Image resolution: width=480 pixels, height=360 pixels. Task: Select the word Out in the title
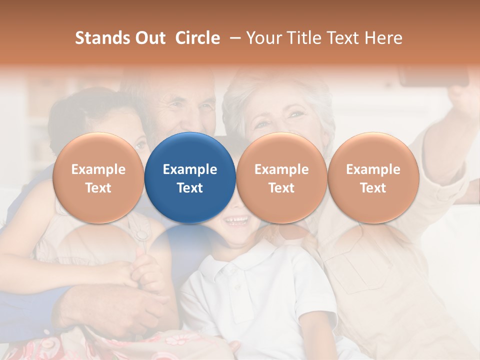[148, 38]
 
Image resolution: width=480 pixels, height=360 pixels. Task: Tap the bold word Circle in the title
[197, 38]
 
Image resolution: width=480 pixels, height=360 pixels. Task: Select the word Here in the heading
[382, 38]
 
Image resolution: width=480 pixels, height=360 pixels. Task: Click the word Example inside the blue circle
[190, 169]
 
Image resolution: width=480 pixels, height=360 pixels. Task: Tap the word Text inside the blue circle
[190, 188]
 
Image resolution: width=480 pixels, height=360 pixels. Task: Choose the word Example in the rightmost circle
[373, 169]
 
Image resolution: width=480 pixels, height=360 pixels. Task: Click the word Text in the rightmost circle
[373, 188]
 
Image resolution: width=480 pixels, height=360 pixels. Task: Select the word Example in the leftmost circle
[98, 169]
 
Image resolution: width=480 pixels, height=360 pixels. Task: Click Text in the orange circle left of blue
[98, 188]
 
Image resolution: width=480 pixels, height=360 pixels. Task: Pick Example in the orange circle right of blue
[281, 169]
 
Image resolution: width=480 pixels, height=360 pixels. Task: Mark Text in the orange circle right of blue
[281, 188]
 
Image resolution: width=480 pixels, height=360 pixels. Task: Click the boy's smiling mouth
[236, 220]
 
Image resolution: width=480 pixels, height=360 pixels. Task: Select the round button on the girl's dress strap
[142, 233]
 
